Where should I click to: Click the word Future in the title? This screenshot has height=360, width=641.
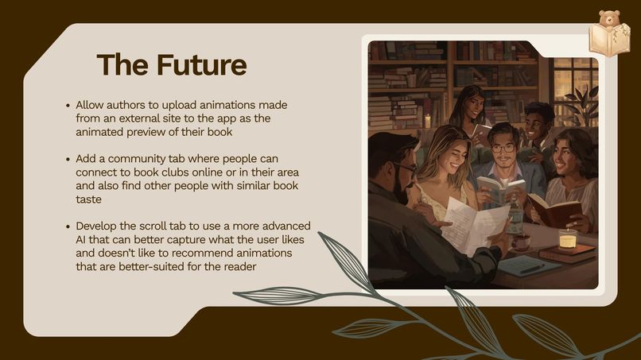(x=201, y=64)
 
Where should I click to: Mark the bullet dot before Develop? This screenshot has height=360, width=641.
(x=68, y=226)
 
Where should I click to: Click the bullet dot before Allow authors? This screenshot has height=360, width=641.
(x=68, y=106)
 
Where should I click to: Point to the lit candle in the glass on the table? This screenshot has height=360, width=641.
(x=567, y=238)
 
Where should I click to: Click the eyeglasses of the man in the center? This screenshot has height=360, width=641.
(x=503, y=148)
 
